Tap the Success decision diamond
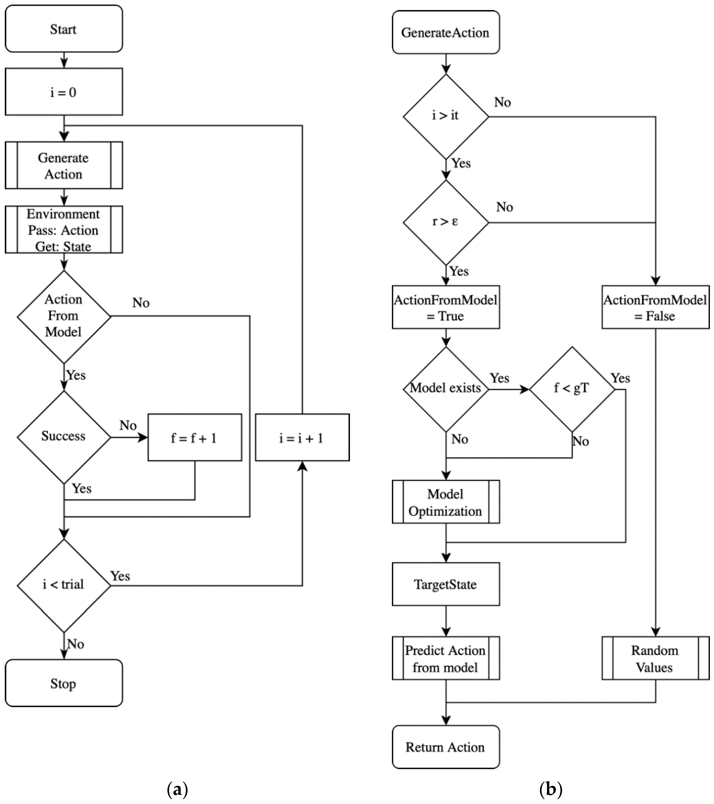[64, 437]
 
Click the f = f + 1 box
[194, 437]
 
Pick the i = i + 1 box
[302, 437]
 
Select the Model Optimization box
[446, 502]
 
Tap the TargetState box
[446, 584]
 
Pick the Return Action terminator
[446, 747]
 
